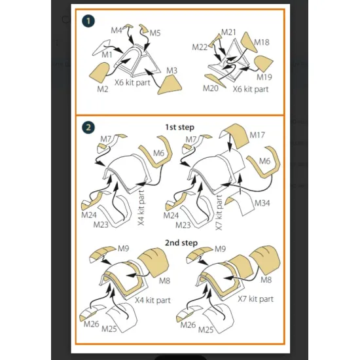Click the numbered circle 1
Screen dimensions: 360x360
coord(88,21)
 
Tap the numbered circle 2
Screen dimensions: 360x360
coord(88,128)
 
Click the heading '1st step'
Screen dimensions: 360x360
coord(180,127)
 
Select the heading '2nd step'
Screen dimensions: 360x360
coord(181,243)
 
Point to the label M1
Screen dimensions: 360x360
coord(107,55)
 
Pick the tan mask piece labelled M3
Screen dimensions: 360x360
coord(170,84)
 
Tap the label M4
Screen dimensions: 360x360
coord(117,30)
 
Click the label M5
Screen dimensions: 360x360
coord(155,33)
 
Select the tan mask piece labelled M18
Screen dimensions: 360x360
coord(248,43)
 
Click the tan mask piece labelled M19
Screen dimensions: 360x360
coord(264,63)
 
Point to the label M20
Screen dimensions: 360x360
coord(211,88)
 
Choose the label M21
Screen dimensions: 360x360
coord(228,32)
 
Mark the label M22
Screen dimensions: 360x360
coord(200,47)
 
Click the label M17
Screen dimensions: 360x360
coord(257,135)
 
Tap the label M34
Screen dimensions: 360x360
coord(262,203)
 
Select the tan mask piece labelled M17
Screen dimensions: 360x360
coord(234,135)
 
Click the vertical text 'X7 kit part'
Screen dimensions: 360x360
coord(219,213)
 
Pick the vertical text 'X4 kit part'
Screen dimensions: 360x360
coord(141,207)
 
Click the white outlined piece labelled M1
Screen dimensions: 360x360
coord(101,47)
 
